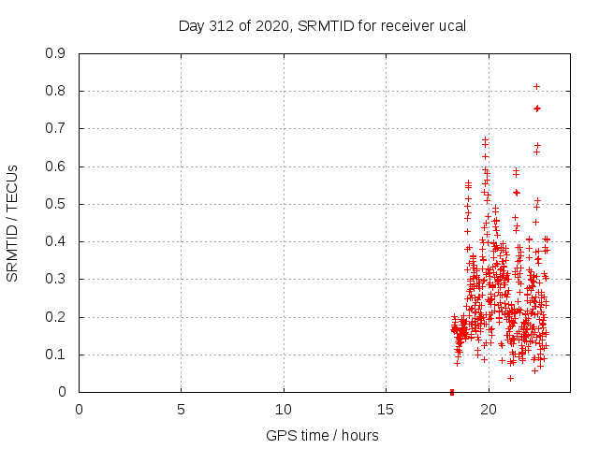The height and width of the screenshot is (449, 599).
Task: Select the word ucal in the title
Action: point(451,25)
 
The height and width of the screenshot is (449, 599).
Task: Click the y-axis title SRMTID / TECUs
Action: point(12,223)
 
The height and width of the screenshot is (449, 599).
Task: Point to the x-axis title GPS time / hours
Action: point(322,435)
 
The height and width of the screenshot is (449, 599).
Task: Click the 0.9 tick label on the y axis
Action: point(55,53)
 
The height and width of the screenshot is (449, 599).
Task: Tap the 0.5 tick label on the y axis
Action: point(55,204)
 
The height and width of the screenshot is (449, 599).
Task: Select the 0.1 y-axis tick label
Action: point(55,355)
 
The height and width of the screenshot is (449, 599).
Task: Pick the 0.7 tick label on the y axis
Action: point(55,128)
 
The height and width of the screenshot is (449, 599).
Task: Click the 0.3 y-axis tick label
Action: point(55,279)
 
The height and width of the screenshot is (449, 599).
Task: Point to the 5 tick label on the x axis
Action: point(181,409)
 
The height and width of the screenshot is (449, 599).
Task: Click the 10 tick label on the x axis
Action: point(284,409)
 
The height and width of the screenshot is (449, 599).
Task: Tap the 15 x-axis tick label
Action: point(386,409)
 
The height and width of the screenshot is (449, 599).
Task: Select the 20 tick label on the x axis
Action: point(489,409)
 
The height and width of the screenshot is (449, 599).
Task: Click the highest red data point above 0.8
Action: point(536,86)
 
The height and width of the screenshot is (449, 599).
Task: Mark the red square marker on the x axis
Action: point(452,392)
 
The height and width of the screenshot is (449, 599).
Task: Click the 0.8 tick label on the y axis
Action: point(55,91)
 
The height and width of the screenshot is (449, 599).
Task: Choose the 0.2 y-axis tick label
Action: point(55,316)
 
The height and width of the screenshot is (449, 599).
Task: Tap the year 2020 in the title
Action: point(271,25)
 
